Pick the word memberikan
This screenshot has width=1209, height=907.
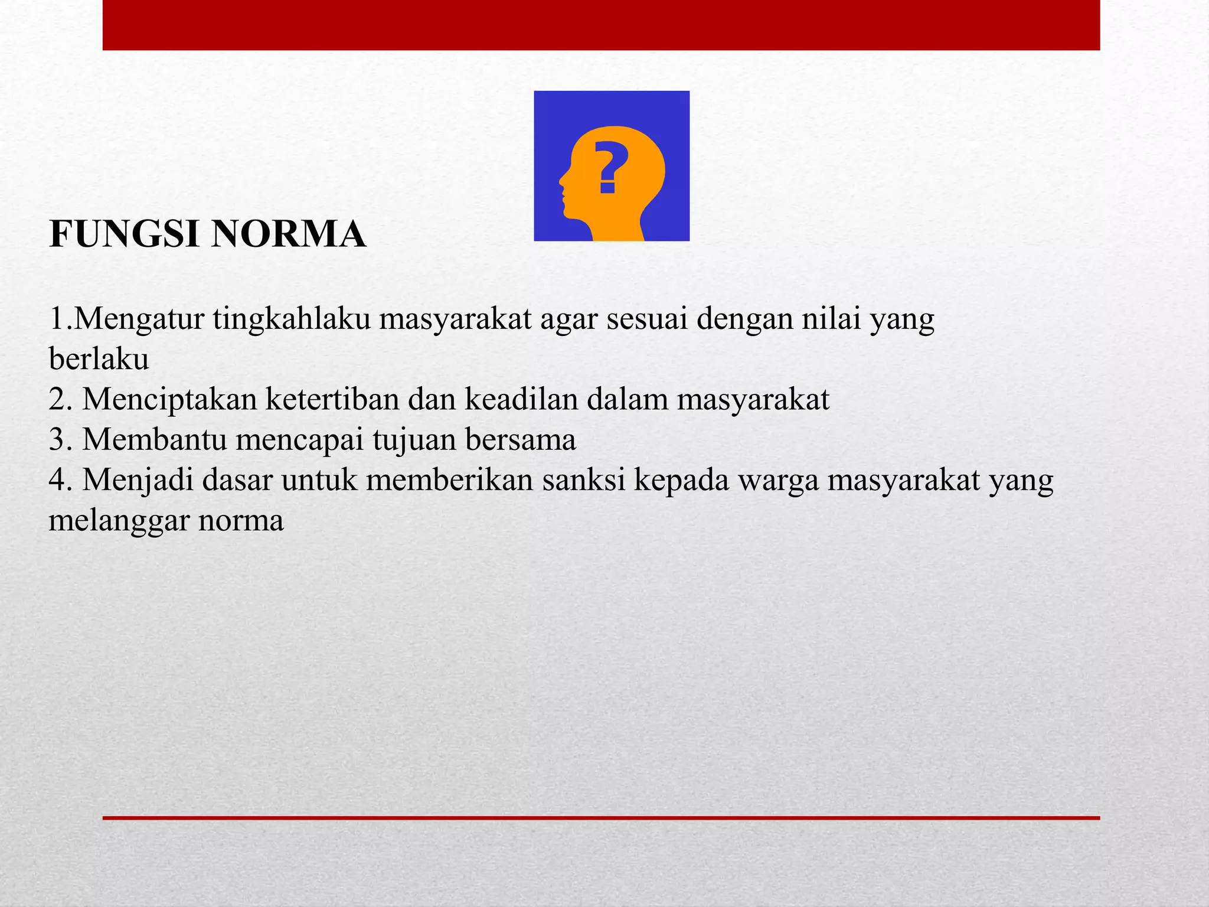pos(449,480)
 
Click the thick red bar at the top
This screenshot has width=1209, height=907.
pos(601,25)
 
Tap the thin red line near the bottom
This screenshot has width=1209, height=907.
pos(601,818)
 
